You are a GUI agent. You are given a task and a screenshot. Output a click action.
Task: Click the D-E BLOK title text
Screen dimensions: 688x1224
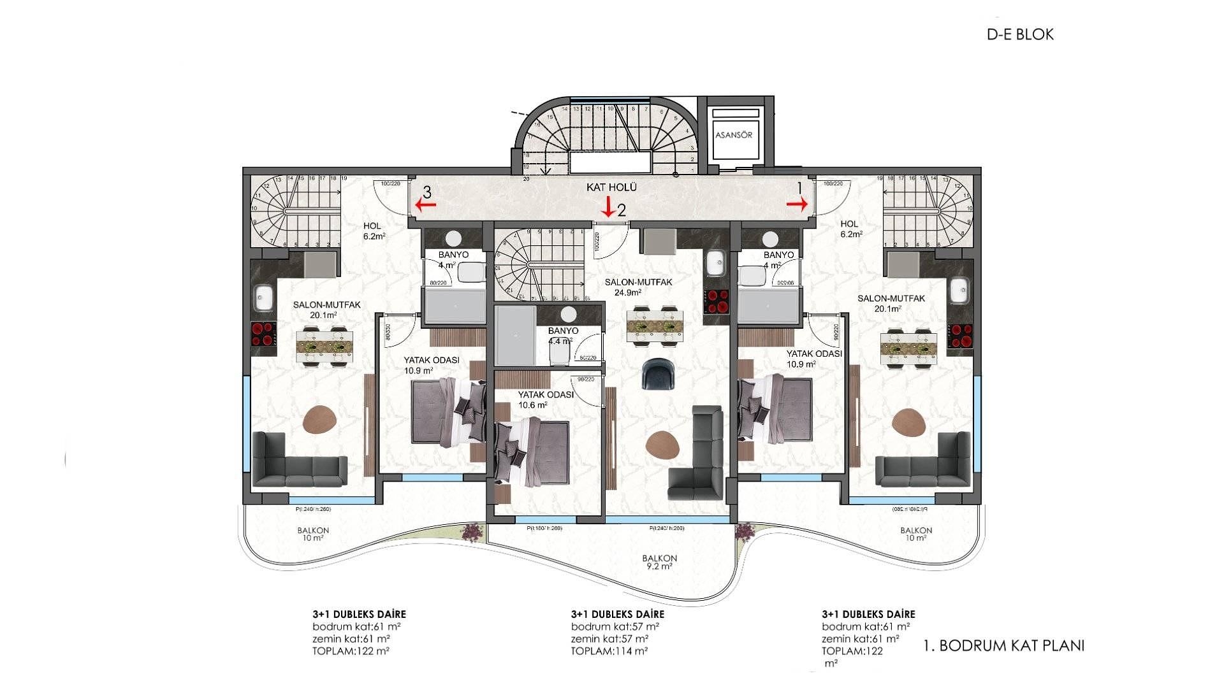1020,34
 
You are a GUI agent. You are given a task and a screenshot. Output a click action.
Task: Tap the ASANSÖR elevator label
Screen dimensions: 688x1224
734,135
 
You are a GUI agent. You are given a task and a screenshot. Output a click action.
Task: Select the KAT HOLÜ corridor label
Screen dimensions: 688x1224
611,187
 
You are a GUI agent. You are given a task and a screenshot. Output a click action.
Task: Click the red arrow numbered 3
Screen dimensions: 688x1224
425,204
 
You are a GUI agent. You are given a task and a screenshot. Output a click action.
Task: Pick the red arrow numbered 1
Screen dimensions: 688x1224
797,203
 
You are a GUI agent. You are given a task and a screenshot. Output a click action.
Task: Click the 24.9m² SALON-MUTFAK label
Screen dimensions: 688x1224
629,287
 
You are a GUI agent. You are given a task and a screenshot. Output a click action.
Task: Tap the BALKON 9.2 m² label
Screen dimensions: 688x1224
659,562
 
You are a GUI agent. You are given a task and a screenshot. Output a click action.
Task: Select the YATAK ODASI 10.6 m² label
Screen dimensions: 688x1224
545,399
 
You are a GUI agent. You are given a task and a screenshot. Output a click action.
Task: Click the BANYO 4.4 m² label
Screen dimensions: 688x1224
563,336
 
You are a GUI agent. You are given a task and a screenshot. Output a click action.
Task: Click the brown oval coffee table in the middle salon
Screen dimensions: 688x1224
662,443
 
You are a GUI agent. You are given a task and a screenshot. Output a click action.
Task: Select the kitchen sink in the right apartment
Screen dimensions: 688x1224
958,292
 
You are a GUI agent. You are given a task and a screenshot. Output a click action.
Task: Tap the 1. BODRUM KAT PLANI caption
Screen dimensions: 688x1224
1003,645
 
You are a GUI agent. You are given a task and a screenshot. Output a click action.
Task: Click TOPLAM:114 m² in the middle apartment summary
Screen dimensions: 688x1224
609,651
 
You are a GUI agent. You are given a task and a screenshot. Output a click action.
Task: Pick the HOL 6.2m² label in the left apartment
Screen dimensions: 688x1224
374,231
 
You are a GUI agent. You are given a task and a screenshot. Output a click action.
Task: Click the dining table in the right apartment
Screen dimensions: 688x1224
908,348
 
